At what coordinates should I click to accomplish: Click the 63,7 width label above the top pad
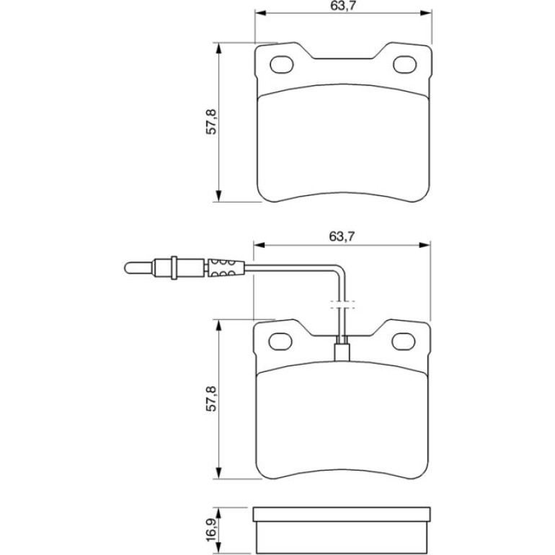[x=343, y=6]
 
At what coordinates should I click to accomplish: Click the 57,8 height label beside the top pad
[x=212, y=122]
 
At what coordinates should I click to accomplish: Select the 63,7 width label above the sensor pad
[x=342, y=236]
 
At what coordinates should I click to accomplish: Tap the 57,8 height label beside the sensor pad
[x=212, y=399]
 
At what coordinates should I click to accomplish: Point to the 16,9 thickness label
[x=212, y=530]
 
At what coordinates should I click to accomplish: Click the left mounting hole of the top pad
[x=282, y=64]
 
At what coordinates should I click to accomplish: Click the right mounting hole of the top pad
[x=404, y=64]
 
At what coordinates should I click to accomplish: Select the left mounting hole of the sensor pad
[x=280, y=341]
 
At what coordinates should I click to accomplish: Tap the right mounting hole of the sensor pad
[x=403, y=341]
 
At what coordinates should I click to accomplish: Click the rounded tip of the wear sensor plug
[x=128, y=267]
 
